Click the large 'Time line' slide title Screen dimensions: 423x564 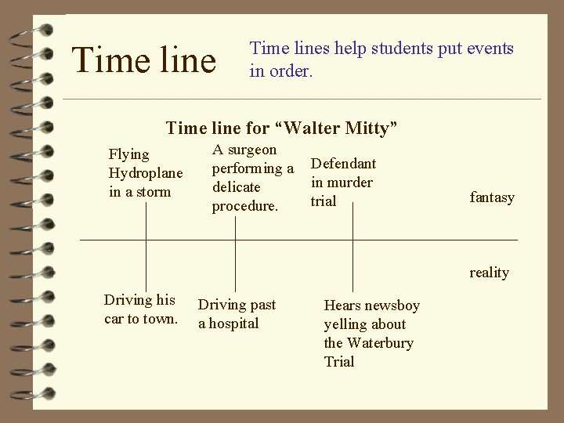(x=143, y=60)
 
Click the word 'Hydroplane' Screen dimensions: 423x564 (x=145, y=173)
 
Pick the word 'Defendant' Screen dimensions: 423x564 (x=343, y=164)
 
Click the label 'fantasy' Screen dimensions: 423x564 (x=492, y=197)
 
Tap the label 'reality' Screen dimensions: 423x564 (x=489, y=273)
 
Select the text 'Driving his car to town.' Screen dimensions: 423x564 (x=141, y=309)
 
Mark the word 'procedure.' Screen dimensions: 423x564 (x=245, y=206)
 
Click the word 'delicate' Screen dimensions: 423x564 (x=237, y=187)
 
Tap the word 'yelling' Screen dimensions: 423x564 (x=345, y=324)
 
